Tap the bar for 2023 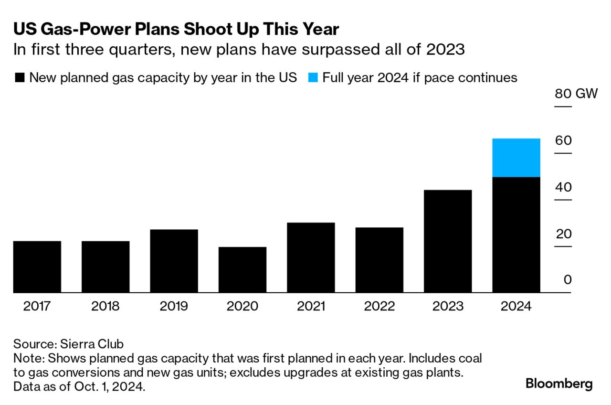(448, 241)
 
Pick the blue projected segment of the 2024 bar (516, 158)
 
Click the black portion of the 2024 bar (516, 234)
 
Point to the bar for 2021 (311, 257)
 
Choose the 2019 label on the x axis (174, 306)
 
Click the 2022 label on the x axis (379, 306)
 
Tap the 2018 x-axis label (105, 306)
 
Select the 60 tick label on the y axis (563, 141)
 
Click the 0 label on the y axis (567, 280)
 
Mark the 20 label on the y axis (563, 234)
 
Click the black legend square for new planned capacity (20, 78)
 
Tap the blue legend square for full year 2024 (313, 78)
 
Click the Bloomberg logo (559, 384)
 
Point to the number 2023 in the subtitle (443, 50)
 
